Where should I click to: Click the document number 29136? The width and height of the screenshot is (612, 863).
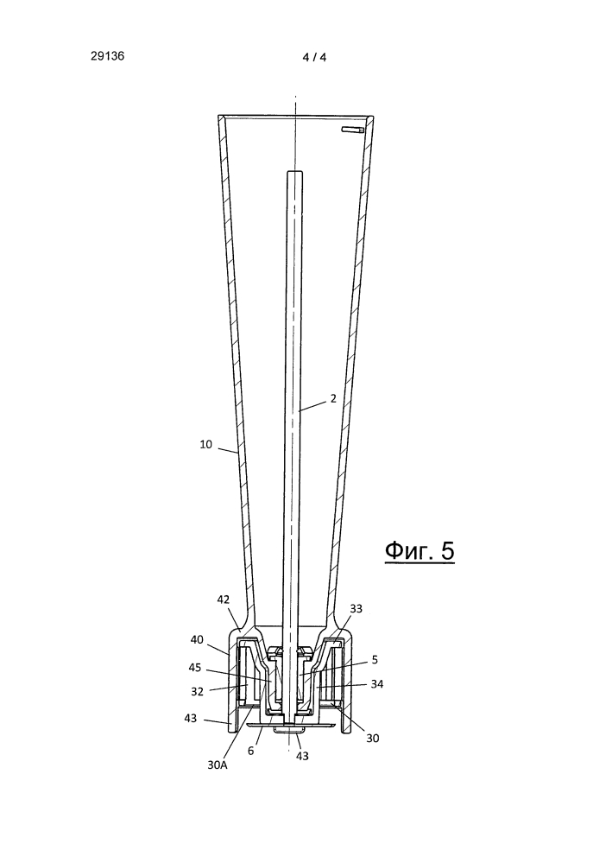tap(108, 56)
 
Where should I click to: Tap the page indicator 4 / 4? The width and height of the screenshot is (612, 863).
tap(314, 57)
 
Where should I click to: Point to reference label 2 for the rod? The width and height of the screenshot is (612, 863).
tap(333, 398)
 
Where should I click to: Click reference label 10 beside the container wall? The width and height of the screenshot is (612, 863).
tap(205, 444)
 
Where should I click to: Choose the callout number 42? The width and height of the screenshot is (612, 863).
tap(223, 600)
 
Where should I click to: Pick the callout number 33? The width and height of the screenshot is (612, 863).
tap(356, 609)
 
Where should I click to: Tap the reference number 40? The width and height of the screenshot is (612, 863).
tap(197, 639)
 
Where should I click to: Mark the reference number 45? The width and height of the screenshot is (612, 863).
tap(195, 668)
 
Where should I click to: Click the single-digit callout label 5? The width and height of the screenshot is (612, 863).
tap(375, 659)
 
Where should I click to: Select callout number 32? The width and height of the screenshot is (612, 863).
tap(197, 691)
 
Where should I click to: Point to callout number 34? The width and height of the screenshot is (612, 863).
tap(376, 684)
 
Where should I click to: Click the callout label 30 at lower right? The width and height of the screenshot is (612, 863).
tap(373, 738)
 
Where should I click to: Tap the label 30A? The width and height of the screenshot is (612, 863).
tap(218, 765)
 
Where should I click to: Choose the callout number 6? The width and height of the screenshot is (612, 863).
tap(250, 750)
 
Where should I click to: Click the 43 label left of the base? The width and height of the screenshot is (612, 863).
tap(190, 718)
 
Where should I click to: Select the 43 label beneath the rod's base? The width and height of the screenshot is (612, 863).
tap(302, 756)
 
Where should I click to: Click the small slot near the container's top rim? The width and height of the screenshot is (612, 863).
tap(350, 130)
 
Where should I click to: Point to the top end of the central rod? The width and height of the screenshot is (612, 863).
tap(294, 172)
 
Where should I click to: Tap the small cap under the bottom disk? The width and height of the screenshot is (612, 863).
tap(288, 730)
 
